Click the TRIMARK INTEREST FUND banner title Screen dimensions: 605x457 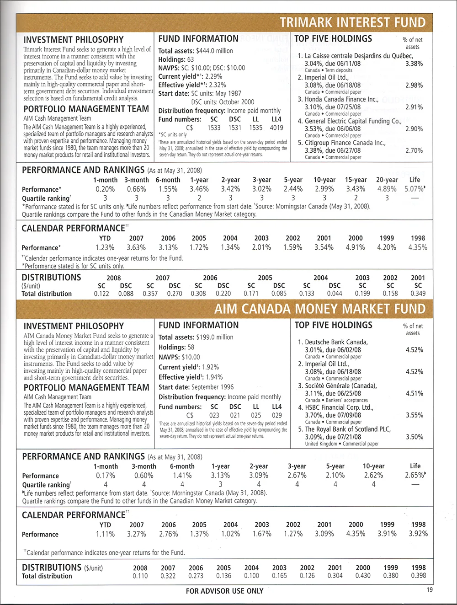pos(352,22)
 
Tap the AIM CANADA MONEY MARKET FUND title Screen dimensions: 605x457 pos(320,309)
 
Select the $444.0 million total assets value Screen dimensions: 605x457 pos(214,51)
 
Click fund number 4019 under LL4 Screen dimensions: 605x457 pos(276,128)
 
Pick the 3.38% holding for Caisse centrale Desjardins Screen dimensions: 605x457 pos(414,64)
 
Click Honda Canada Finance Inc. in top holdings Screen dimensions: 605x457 pos(341,99)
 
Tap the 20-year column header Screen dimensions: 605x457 pos(387,180)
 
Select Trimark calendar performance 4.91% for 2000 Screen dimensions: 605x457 pos(355,247)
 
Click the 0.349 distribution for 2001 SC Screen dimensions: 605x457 pos(418,294)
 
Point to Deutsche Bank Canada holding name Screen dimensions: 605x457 pos(336,342)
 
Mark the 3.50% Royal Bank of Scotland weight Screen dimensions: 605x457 pos(414,437)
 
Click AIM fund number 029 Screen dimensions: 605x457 pos(277,415)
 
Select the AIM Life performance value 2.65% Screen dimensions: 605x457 pos(414,475)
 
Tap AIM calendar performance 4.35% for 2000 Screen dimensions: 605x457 pos(356,534)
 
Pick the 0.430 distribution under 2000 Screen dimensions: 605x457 pos(363,576)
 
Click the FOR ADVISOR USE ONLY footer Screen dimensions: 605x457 pos(224,591)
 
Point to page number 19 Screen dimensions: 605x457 pos(430,589)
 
